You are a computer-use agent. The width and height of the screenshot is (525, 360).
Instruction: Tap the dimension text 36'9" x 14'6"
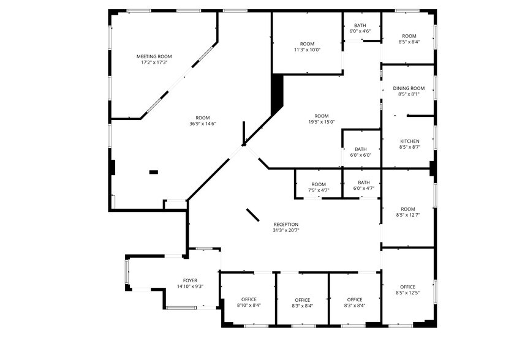click(x=203, y=124)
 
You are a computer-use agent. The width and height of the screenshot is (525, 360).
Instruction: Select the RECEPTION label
click(x=286, y=224)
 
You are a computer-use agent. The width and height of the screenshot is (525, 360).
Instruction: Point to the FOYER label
click(x=190, y=280)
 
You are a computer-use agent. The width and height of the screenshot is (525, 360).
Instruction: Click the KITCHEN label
click(x=410, y=141)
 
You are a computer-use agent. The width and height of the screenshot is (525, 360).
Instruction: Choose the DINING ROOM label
click(x=409, y=88)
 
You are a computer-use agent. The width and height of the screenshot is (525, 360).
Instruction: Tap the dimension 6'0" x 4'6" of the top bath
click(x=360, y=31)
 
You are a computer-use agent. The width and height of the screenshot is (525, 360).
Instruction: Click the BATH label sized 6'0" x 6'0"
click(x=360, y=149)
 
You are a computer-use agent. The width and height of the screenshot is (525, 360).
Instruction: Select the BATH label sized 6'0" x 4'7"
click(x=364, y=182)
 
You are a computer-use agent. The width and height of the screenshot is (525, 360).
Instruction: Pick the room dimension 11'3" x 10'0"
click(x=308, y=50)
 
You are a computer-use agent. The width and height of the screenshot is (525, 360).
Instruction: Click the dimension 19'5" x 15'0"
click(x=322, y=122)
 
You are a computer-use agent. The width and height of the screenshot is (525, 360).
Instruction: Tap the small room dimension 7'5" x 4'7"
click(x=319, y=190)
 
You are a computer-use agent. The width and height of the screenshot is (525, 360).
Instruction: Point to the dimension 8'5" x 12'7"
click(x=408, y=215)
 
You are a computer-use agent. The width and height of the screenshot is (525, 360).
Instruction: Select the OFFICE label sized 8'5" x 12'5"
click(x=408, y=287)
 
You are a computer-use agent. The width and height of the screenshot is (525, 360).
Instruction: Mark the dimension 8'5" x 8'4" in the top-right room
click(x=409, y=42)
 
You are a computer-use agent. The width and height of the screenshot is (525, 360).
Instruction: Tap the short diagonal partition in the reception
click(x=253, y=214)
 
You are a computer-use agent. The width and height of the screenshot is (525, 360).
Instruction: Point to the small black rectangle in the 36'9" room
click(x=154, y=172)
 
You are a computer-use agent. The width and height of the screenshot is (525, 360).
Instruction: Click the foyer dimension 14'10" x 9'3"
click(x=190, y=287)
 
